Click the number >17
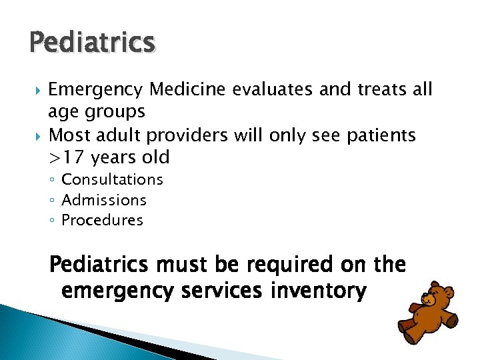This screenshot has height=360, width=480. (68, 158)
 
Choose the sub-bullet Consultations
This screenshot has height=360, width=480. (112, 179)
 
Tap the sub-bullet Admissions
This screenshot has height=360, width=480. (104, 200)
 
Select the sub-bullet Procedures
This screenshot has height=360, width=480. (102, 221)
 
